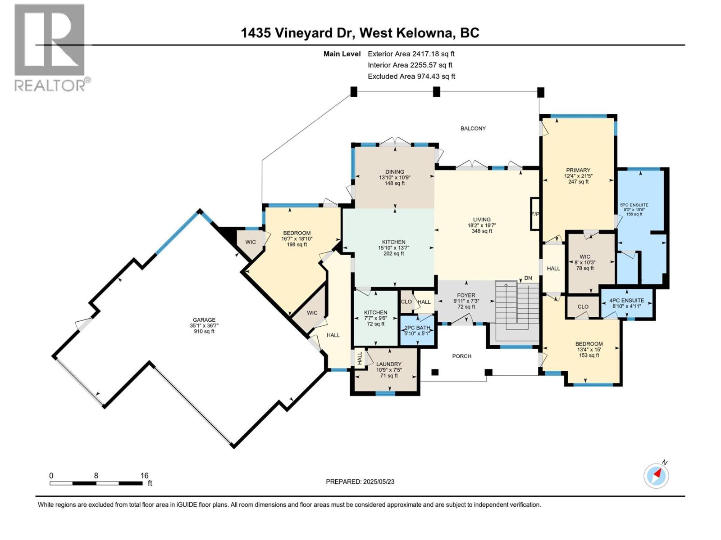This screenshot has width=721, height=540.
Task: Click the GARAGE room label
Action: click(x=204, y=319)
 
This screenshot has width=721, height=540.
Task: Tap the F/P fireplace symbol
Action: click(x=535, y=214)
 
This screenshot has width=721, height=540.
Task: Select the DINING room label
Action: click(x=394, y=172)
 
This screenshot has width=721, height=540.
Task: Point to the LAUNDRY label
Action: click(x=388, y=364)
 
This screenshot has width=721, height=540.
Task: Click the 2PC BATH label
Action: click(x=417, y=328)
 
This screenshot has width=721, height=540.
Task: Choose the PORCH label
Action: click(x=461, y=356)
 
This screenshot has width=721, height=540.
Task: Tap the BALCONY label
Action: click(x=473, y=129)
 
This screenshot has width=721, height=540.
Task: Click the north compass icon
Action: click(x=656, y=476)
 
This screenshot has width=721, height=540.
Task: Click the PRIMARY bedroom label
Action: click(x=578, y=170)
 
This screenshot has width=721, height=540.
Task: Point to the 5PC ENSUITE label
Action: click(x=634, y=205)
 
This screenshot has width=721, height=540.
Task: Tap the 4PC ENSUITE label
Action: click(x=627, y=300)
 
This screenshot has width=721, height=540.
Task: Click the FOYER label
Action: click(x=466, y=295)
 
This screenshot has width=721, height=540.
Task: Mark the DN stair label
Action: click(x=528, y=278)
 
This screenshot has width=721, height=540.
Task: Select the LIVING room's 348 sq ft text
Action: click(x=482, y=231)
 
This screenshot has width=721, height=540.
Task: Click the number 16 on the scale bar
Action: click(x=145, y=475)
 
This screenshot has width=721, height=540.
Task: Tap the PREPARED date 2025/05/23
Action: click(x=379, y=481)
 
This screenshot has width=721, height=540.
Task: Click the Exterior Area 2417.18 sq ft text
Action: click(x=411, y=54)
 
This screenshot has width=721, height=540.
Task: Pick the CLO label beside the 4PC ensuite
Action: click(x=583, y=306)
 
